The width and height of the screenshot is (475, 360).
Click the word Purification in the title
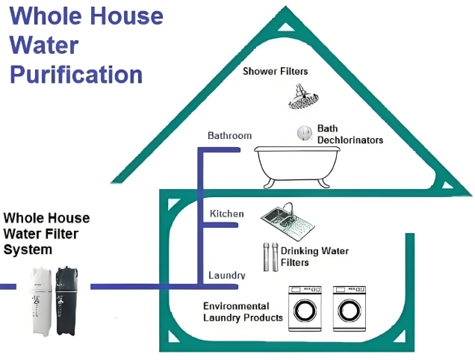point(77,75)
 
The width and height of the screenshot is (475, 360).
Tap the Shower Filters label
point(276,72)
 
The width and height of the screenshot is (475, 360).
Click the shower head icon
point(302,96)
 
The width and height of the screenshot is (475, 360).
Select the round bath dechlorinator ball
point(304,133)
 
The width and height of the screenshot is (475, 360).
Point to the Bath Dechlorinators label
point(350,134)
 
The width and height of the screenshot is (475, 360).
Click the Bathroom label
point(229,136)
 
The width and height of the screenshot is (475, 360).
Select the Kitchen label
point(227,214)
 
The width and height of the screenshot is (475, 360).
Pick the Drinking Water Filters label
point(314,256)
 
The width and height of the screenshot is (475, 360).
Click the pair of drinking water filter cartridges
point(270,256)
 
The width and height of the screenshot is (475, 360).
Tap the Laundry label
point(227,276)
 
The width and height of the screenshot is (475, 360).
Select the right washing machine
point(352,308)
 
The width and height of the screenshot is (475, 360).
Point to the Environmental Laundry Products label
point(243,312)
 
